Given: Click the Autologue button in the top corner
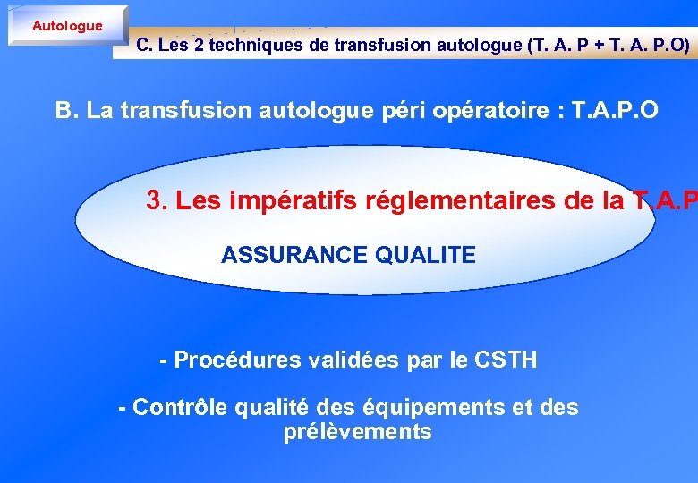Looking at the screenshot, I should point(67,25).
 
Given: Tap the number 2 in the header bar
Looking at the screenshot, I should point(198,46).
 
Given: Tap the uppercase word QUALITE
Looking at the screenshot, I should point(426,255).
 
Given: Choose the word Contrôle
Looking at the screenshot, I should point(182,408).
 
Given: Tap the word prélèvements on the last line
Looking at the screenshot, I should point(357,433).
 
